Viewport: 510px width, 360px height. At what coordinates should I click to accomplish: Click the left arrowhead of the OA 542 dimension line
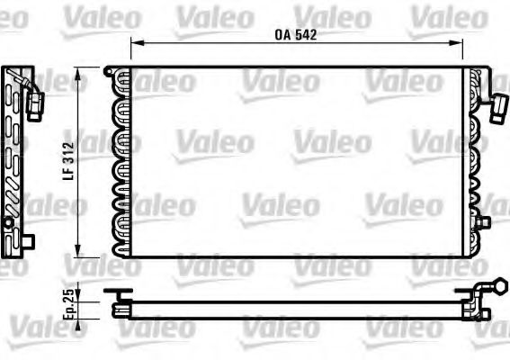click(135, 42)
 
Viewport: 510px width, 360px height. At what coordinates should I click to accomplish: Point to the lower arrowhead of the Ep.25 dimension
click(82, 318)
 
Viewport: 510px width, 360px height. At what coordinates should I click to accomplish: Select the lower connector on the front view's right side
click(482, 221)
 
